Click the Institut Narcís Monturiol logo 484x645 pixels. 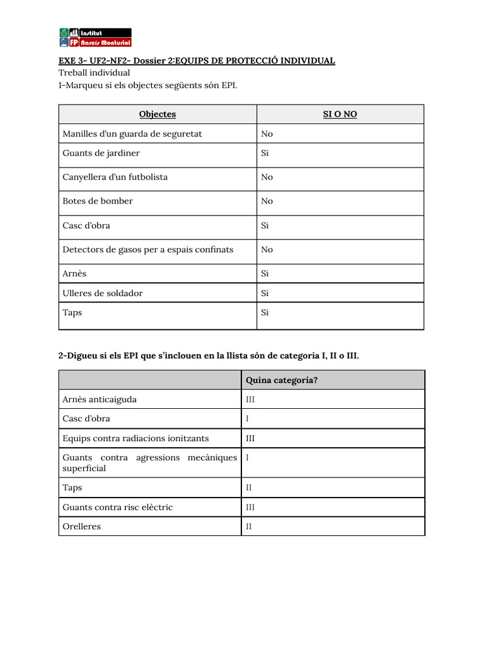(x=95, y=37)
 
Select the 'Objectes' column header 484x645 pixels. (x=158, y=114)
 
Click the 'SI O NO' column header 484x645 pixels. (x=340, y=114)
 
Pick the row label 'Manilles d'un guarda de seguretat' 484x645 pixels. (x=132, y=134)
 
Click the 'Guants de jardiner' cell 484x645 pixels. (x=101, y=153)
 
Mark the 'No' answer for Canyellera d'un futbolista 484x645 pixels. (x=267, y=177)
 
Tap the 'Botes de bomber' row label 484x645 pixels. (x=98, y=201)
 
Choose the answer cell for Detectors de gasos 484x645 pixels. (x=267, y=249)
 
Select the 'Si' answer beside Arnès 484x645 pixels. (x=265, y=274)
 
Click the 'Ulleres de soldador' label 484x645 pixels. (x=103, y=293)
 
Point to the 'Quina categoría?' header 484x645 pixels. (x=281, y=380)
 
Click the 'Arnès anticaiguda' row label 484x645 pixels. (x=100, y=399)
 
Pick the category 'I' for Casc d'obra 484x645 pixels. (x=248, y=419)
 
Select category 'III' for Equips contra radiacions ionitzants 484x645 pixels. (x=250, y=438)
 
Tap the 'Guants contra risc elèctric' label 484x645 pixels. (x=117, y=507)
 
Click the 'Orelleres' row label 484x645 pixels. (x=82, y=526)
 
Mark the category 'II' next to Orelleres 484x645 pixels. (x=249, y=527)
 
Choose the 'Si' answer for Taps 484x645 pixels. (x=265, y=312)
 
